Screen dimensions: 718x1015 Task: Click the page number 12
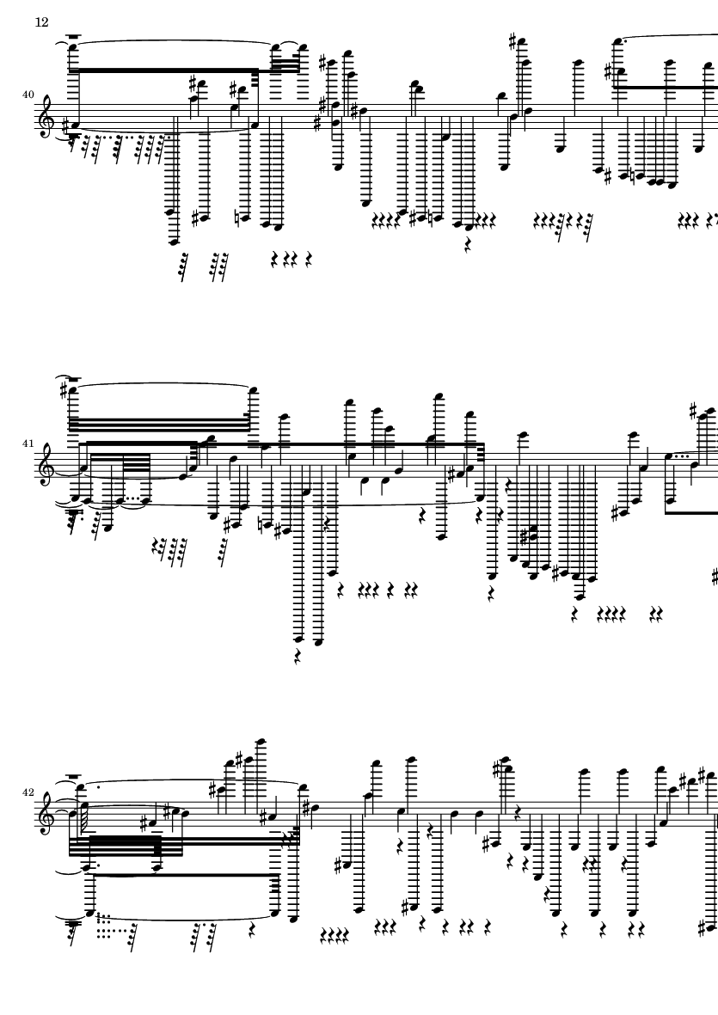pos(41,22)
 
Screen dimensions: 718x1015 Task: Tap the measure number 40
pos(28,95)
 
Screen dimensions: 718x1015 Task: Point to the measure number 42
pos(28,792)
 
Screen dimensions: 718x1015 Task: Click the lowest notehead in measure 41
pos(316,642)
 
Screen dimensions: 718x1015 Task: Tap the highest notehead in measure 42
pos(261,742)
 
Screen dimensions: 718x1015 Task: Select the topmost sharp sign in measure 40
pos(513,42)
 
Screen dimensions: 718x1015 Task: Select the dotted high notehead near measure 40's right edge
pos(617,43)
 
